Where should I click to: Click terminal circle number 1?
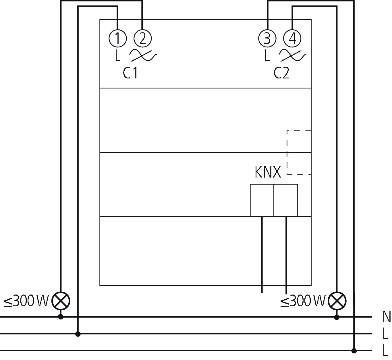pos(118,38)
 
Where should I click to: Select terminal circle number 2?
pos(143,38)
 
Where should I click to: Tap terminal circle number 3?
pos(267,38)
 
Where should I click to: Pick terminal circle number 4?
pos(292,38)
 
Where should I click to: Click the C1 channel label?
pos(130,73)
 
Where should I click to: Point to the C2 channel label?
pos(281,73)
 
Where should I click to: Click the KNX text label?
pos(268,172)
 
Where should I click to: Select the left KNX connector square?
pos(262,200)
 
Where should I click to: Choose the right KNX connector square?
pos(286,200)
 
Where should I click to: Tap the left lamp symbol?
pos(61,301)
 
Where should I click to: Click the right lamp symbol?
pos(337,301)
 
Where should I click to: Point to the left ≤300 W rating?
pos(26,301)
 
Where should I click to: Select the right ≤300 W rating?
pos(303,301)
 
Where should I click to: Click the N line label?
pos(387,317)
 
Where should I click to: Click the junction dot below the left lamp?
pos(61,317)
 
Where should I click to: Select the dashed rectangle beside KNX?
pos(299,152)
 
